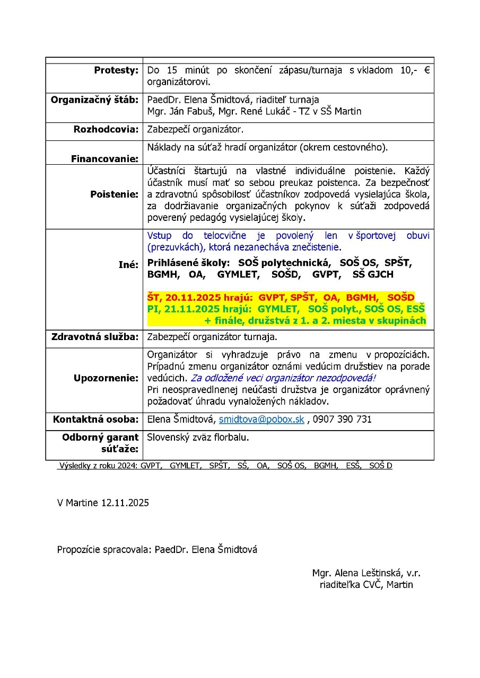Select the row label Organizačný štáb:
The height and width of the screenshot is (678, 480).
pos(94,100)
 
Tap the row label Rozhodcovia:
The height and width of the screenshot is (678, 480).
pos(106,130)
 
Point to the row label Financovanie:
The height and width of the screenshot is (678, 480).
pos(104,158)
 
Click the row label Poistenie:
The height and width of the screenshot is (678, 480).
pos(114,194)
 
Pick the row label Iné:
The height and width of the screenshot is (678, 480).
pos(128,264)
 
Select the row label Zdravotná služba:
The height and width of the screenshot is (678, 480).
pos(94,336)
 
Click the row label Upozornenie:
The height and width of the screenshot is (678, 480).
pos(106,378)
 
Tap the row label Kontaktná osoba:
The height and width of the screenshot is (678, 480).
pos(95,420)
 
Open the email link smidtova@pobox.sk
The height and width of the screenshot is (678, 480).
pos(261,420)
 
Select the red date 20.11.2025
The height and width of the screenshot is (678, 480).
pos(188,297)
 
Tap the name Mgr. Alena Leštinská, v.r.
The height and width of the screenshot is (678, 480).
pos(366,573)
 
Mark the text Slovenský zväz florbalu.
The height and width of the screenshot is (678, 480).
pos(198,438)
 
